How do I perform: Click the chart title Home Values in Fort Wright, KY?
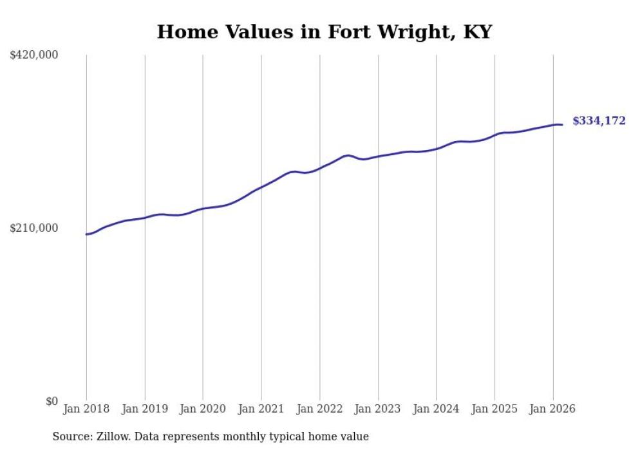pos(324,32)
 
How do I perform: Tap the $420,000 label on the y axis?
pos(34,55)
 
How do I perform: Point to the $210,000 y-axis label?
pos(34,228)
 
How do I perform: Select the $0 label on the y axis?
pos(52,401)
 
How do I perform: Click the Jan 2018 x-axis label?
pos(86,409)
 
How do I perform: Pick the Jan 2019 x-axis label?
pos(145,409)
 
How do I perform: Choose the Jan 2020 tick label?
pos(203,409)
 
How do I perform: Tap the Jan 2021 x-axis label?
pos(261,409)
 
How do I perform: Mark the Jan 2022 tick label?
pos(319,409)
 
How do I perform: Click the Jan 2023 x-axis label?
pos(378,409)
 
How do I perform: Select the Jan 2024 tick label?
pos(436,409)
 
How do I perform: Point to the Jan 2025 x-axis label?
pos(494,409)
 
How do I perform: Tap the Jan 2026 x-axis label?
pos(552,409)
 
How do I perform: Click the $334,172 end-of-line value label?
pos(599,120)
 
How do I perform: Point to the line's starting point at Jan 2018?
pos(86,234)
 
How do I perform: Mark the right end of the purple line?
pos(562,125)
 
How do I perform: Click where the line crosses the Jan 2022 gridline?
pos(319,169)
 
